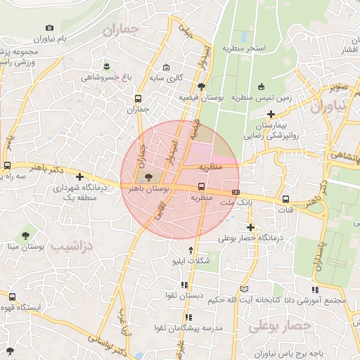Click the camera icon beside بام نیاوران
(49, 28)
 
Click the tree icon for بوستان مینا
(25, 233)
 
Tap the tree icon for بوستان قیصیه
(202, 87)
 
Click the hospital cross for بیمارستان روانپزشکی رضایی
(271, 114)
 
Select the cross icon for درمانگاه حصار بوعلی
(250, 227)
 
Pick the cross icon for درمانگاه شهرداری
(80, 177)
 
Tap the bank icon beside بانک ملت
(236, 191)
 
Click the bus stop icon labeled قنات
(285, 199)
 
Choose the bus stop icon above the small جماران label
(138, 99)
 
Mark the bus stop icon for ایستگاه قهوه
(12, 297)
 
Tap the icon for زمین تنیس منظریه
(262, 87)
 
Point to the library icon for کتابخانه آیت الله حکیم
(244, 289)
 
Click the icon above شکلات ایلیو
(191, 250)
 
